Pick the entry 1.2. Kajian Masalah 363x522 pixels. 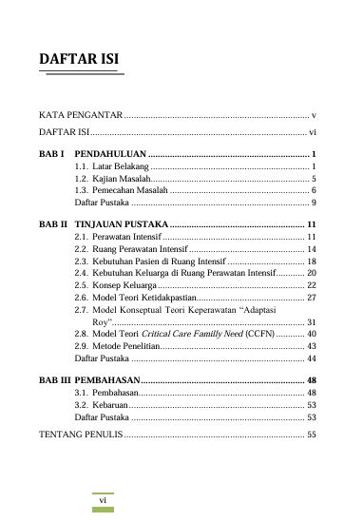(112, 179)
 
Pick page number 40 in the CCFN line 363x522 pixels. (311, 335)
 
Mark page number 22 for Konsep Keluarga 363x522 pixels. (311, 284)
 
